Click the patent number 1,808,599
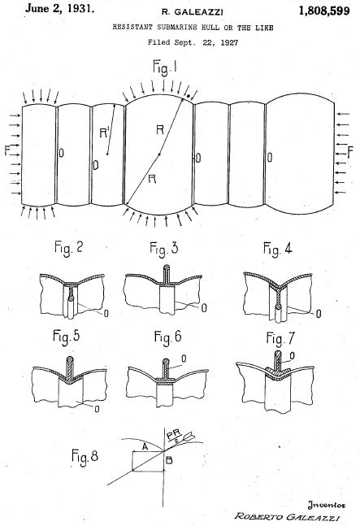(x=324, y=11)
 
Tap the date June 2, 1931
(x=59, y=8)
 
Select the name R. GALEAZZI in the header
(x=193, y=12)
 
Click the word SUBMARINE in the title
(x=178, y=27)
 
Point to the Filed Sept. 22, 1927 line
(x=193, y=42)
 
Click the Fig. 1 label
(x=165, y=67)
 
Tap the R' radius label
(x=104, y=133)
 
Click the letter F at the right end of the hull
(x=350, y=152)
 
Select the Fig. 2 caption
(x=68, y=248)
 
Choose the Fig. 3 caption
(x=164, y=249)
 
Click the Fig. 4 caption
(x=278, y=249)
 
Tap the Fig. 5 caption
(x=67, y=337)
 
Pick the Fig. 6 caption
(x=167, y=337)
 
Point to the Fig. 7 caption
(x=280, y=338)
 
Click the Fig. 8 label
(x=85, y=457)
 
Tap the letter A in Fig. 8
(x=145, y=446)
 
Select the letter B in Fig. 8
(x=169, y=460)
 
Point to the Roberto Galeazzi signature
(x=287, y=516)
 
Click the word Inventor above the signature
(x=326, y=504)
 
